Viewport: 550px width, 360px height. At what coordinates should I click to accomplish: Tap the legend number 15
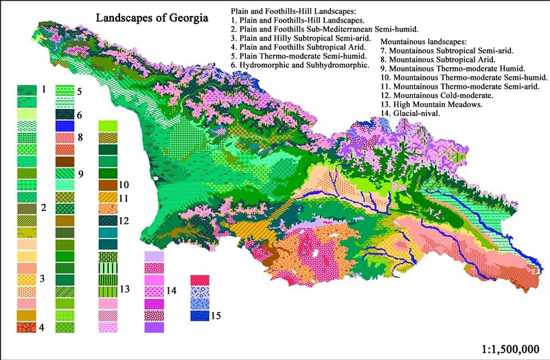(x=217, y=316)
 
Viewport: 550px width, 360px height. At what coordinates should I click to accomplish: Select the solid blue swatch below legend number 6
(x=65, y=126)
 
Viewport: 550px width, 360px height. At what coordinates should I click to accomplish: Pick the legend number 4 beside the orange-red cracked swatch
(x=42, y=328)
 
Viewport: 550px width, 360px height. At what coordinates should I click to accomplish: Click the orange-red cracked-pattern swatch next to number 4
(x=26, y=328)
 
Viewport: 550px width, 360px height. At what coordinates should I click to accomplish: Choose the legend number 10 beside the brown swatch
(x=124, y=185)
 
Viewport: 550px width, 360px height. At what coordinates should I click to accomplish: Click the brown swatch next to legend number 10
(x=108, y=185)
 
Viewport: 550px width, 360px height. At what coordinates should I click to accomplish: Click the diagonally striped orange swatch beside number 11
(x=108, y=197)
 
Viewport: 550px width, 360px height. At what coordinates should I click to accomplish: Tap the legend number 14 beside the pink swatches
(x=172, y=291)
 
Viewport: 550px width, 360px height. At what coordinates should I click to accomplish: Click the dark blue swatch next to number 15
(x=199, y=316)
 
